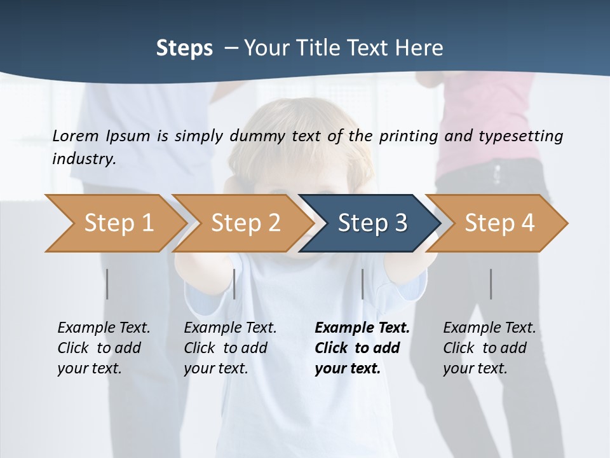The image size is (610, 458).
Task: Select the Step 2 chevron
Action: pyautogui.click(x=245, y=223)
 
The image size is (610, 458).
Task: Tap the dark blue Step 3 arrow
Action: pyautogui.click(x=372, y=223)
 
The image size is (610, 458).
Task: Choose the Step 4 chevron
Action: pyautogui.click(x=499, y=223)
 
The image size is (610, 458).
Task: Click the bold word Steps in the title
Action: pyautogui.click(x=184, y=48)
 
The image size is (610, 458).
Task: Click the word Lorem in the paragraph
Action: pyautogui.click(x=76, y=135)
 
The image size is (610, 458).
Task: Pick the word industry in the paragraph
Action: pyautogui.click(x=84, y=158)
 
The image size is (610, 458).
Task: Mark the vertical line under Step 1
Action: pyautogui.click(x=107, y=284)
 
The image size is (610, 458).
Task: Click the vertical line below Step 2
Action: pyautogui.click(x=234, y=284)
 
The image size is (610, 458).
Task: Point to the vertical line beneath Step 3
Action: pyautogui.click(x=362, y=284)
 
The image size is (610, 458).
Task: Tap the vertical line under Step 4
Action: pyautogui.click(x=491, y=284)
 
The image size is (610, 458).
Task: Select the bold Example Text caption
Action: pyautogui.click(x=362, y=348)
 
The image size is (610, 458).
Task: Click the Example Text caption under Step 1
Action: pyautogui.click(x=104, y=348)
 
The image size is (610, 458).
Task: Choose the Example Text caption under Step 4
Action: pyautogui.click(x=489, y=348)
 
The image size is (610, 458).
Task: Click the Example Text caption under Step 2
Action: pyautogui.click(x=230, y=348)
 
